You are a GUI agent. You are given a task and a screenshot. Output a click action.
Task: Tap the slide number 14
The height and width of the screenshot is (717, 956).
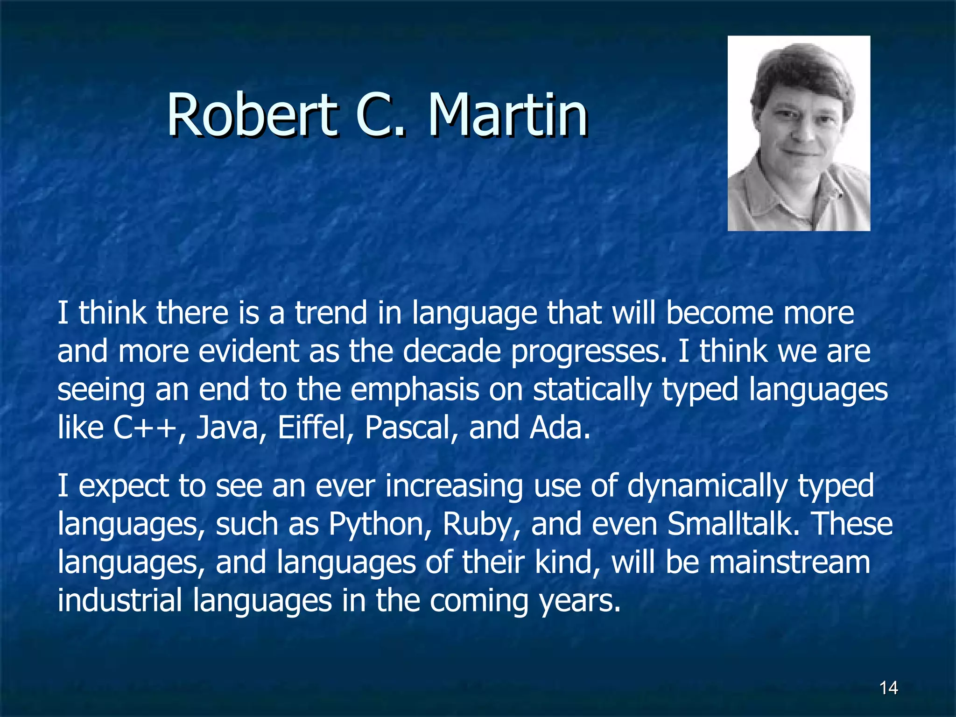888,688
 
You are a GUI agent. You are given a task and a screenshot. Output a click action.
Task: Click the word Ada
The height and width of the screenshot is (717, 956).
559,427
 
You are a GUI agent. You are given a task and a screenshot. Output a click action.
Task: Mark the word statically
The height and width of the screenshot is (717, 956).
592,390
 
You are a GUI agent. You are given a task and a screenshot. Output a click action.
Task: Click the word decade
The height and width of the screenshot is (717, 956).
451,351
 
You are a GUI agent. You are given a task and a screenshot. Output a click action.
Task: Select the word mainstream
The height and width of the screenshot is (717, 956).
789,562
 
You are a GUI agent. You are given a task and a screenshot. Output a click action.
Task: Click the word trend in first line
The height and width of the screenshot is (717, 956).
330,313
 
